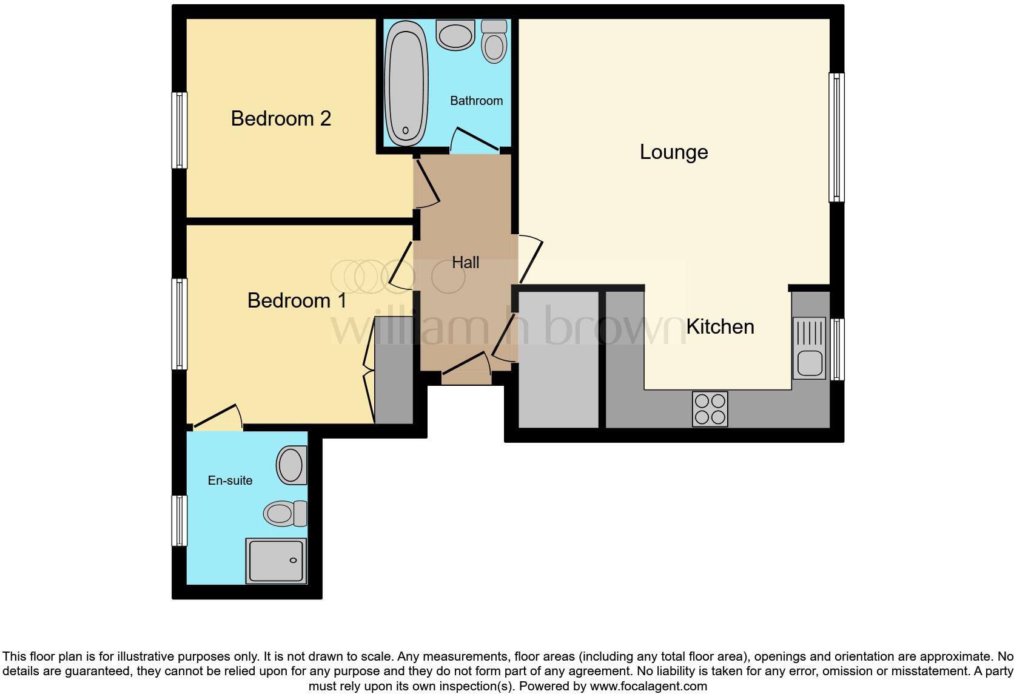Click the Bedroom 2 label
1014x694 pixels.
tap(281, 118)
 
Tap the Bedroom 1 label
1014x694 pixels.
tap(297, 300)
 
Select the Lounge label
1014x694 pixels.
tap(674, 152)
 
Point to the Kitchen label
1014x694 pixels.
tap(720, 326)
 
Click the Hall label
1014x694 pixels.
tap(465, 263)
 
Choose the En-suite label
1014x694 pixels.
tap(230, 480)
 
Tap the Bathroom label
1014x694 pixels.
tap(476, 101)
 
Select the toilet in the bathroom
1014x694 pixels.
tap(494, 42)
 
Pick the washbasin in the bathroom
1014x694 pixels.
tap(455, 35)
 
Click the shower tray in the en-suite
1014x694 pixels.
tap(276, 561)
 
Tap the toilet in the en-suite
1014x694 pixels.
tap(285, 513)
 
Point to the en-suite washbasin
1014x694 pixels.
tap(292, 465)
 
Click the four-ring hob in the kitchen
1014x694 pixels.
tap(710, 409)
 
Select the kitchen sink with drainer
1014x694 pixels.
tap(809, 348)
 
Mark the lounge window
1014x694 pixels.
tap(836, 137)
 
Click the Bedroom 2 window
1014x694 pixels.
tap(180, 130)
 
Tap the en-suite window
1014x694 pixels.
tap(180, 520)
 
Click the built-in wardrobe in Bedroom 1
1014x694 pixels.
tap(394, 370)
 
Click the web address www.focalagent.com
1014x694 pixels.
tap(648, 687)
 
